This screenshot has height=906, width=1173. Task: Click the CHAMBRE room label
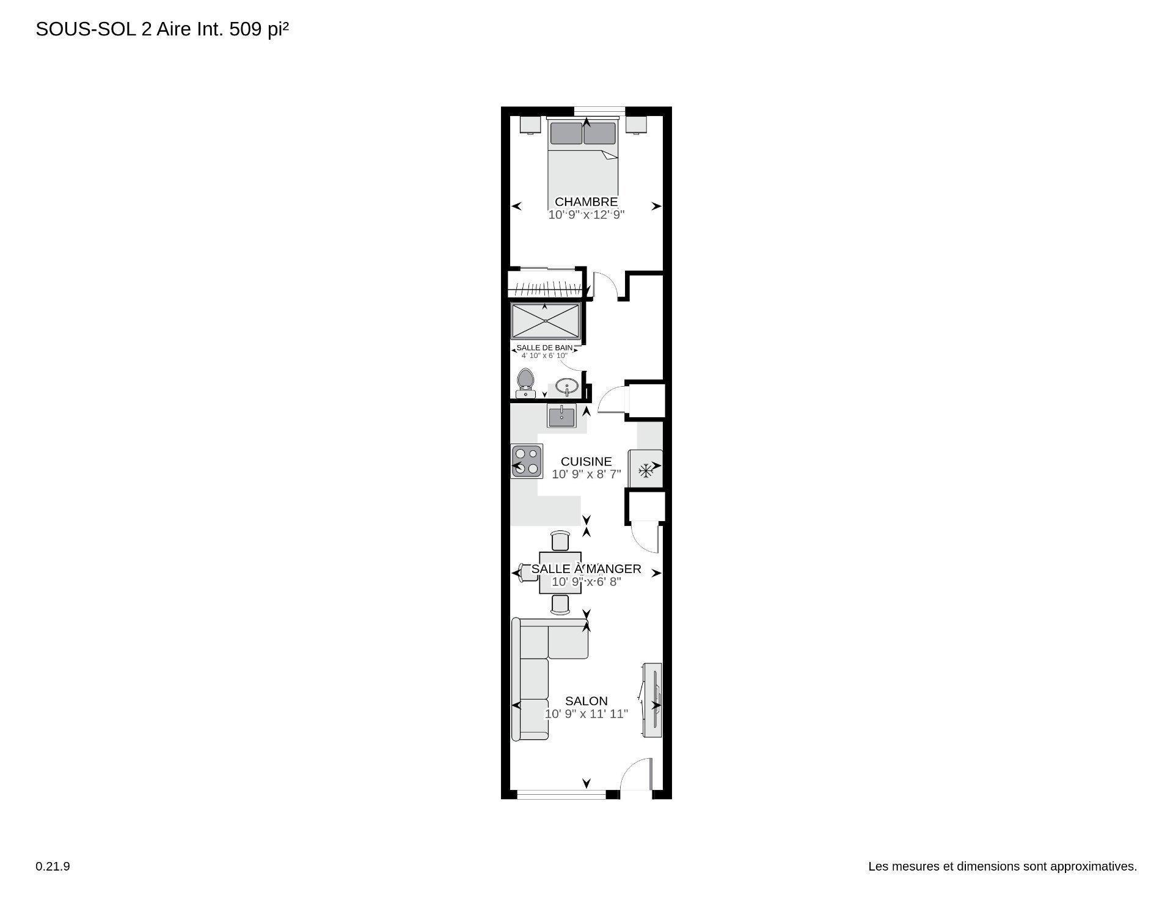pos(586,202)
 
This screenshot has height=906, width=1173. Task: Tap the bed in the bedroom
pos(583,159)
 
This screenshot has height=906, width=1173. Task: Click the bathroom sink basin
pos(568,387)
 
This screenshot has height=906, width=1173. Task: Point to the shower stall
pos(546,321)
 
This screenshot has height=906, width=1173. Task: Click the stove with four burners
pos(527,461)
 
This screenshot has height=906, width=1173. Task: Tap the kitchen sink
pos(561,417)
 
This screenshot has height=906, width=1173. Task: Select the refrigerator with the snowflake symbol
pos(645,469)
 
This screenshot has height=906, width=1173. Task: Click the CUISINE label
pos(586,461)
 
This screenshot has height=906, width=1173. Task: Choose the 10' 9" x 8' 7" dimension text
pos(586,474)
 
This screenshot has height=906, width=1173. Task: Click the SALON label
pos(586,701)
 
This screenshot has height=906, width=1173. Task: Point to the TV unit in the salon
pos(652,700)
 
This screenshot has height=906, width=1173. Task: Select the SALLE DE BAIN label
pos(544,348)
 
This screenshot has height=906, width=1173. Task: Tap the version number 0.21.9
pos(53,866)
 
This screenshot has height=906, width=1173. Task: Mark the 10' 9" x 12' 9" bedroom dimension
pos(586,215)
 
